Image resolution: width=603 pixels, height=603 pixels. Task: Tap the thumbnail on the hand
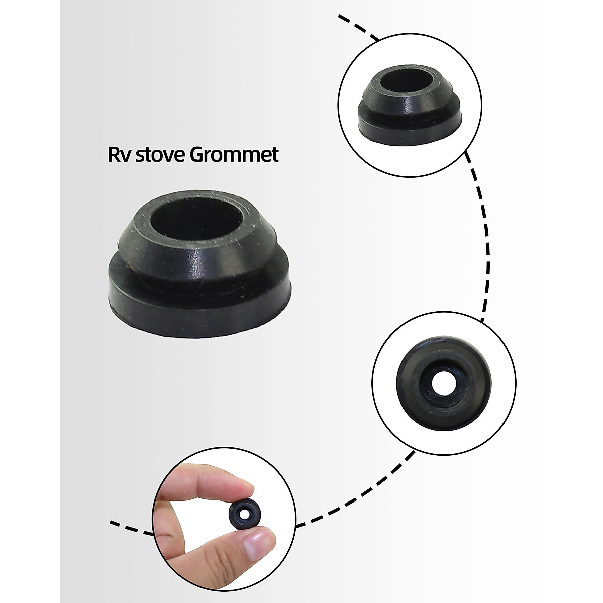click(261, 543)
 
